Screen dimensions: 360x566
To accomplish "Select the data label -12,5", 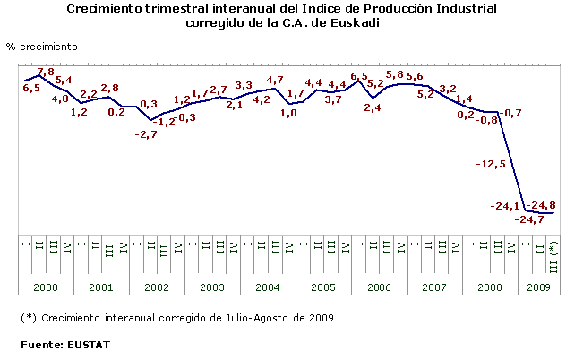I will click(493, 165).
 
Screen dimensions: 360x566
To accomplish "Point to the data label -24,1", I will click(505, 207).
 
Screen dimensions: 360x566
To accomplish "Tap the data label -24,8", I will click(540, 206).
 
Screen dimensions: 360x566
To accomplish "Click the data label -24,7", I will click(529, 219).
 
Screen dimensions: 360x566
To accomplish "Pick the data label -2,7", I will click(146, 134).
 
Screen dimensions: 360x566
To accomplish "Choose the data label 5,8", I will click(393, 75).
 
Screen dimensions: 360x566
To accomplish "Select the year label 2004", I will click(268, 288).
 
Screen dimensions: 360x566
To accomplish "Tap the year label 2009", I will click(539, 288).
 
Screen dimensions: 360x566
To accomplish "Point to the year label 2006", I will click(379, 288).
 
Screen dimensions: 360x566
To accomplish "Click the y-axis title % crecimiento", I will click(41, 45).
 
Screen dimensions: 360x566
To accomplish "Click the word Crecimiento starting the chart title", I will click(107, 8).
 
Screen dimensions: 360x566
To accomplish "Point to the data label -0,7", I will click(513, 113).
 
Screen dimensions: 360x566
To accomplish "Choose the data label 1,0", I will click(289, 113).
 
